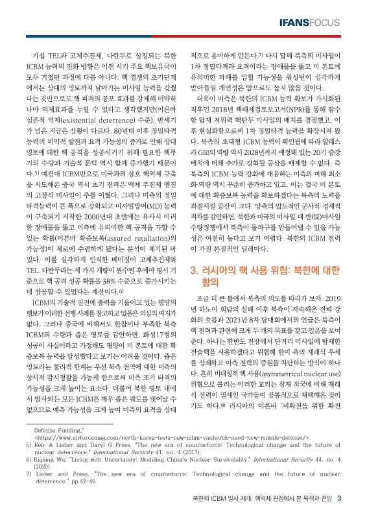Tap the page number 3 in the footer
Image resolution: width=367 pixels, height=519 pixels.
[x=349, y=498]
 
